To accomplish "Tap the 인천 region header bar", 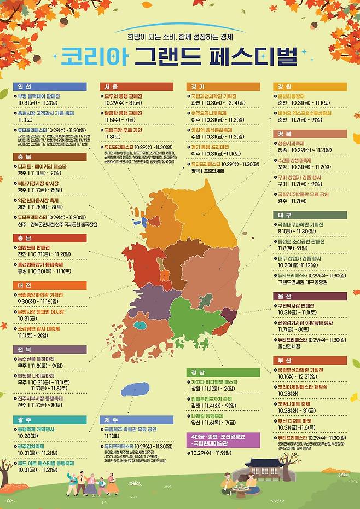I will (x=49, y=86).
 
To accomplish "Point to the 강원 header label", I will (x=310, y=86).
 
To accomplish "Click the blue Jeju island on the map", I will (x=135, y=389).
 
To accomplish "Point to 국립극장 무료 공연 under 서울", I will (x=123, y=131).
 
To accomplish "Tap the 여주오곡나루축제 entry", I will (x=210, y=113).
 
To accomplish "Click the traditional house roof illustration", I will (x=263, y=464).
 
